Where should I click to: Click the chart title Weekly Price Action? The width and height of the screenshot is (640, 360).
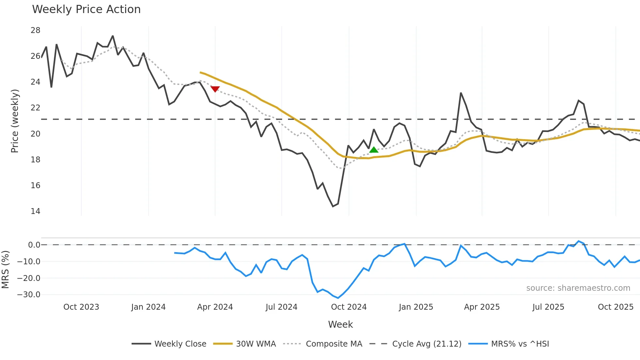86,9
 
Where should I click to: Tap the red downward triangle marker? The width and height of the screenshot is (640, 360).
215,89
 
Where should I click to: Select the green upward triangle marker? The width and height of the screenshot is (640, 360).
374,150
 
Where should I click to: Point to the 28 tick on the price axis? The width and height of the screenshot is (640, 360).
35,30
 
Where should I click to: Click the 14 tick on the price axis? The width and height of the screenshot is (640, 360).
35,211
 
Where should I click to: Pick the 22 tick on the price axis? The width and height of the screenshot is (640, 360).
35,108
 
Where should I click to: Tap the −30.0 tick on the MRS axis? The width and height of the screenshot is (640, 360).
29,295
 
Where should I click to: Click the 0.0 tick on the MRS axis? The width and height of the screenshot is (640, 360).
34,245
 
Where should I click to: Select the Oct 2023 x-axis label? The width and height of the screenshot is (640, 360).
81,307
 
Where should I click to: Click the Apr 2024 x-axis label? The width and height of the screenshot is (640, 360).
215,307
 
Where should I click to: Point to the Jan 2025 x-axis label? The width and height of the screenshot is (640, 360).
416,307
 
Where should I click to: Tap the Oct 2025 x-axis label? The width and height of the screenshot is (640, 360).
616,307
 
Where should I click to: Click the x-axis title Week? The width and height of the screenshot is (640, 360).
340,324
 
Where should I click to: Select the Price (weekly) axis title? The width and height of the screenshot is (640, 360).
15,121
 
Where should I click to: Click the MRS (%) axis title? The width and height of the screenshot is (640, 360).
5,270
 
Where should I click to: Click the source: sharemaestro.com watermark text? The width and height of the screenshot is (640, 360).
578,288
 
